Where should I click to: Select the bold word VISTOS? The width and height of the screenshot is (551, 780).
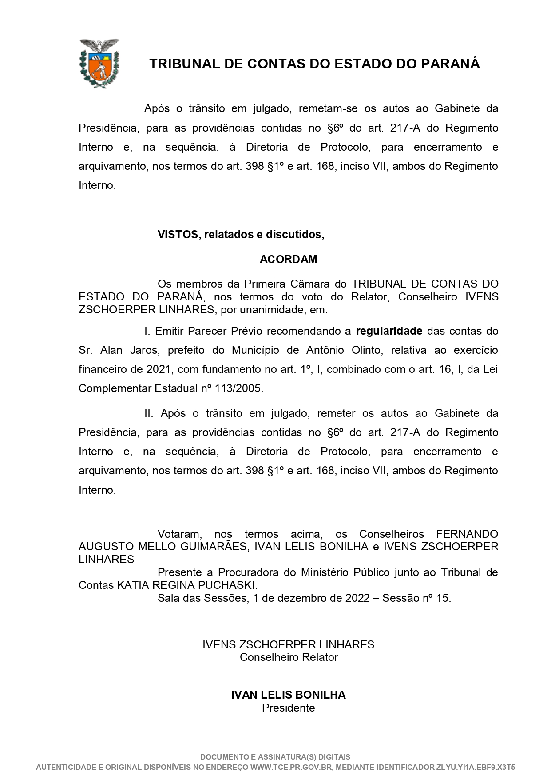point(178,234)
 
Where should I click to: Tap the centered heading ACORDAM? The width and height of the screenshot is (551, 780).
point(288,259)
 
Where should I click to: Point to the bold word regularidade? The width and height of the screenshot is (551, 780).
point(389,331)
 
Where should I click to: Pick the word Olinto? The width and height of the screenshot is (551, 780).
point(366,350)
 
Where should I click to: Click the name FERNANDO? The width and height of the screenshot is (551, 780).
point(467,534)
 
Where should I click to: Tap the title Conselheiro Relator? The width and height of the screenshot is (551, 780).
point(289,657)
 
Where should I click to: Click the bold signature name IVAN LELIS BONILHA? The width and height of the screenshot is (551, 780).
point(288,695)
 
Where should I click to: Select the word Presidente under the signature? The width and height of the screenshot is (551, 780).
point(288,708)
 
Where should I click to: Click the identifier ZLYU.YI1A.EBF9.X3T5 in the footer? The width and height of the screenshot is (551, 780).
point(476,767)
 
